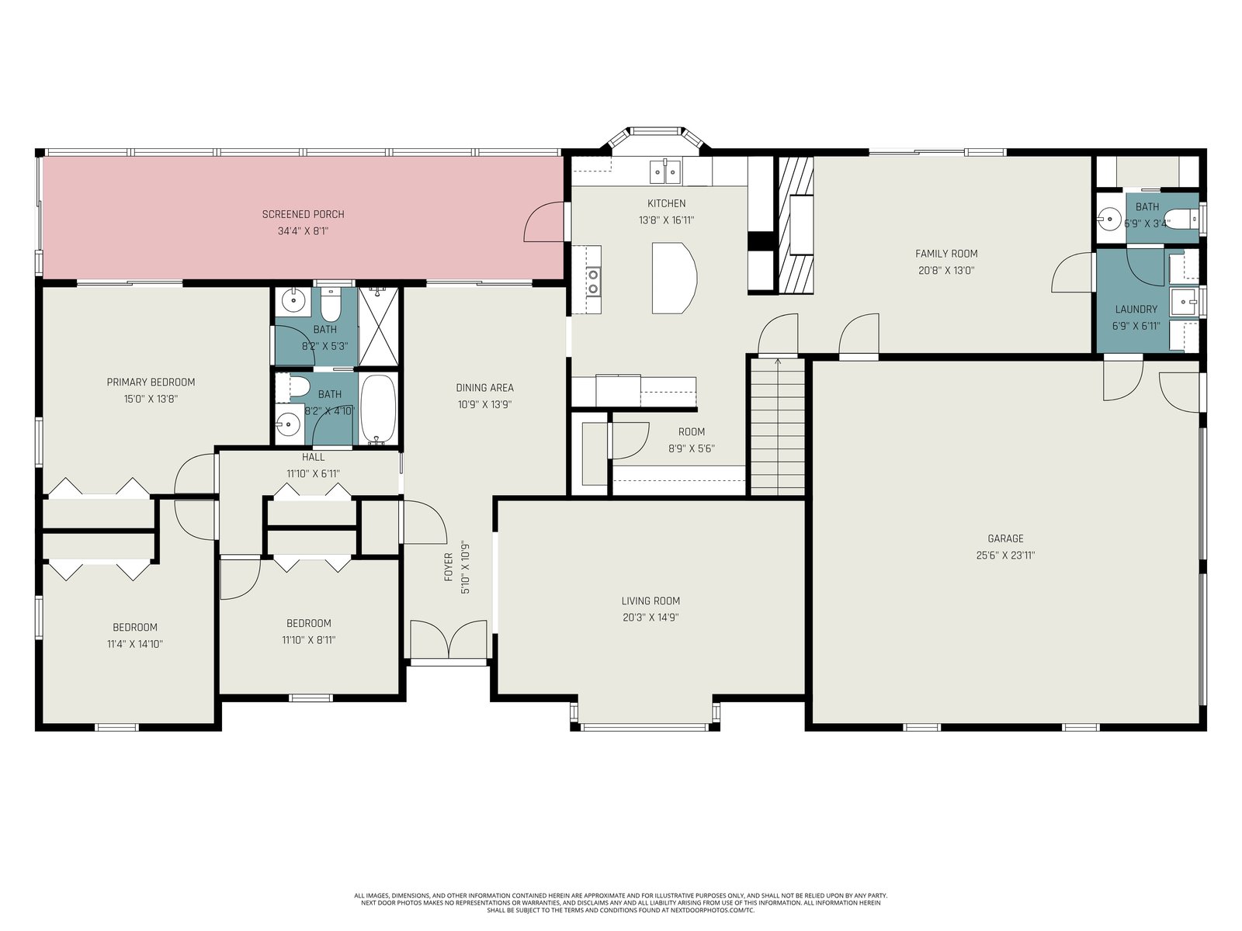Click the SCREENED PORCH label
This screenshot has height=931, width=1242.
coord(303,214)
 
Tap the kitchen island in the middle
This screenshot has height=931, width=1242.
coord(674,278)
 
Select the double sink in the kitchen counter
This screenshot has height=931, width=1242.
coord(665,171)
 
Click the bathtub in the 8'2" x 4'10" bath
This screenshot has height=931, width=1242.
coord(377,409)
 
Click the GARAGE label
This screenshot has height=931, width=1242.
coord(1005,538)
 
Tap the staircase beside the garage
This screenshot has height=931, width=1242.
coord(778,426)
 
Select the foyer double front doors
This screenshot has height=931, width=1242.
coord(449,639)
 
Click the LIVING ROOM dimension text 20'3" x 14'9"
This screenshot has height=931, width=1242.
coord(650,618)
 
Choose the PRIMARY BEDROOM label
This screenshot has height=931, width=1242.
coord(151,382)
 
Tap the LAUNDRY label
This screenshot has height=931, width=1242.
coord(1136,310)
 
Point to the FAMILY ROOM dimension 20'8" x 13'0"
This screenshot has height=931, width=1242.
coord(946,271)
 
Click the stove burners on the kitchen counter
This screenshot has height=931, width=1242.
coord(593,282)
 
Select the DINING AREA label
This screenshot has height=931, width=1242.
coord(485,388)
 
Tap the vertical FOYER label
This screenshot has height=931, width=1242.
coord(449,567)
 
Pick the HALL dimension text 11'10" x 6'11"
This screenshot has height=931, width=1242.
coord(313,474)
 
